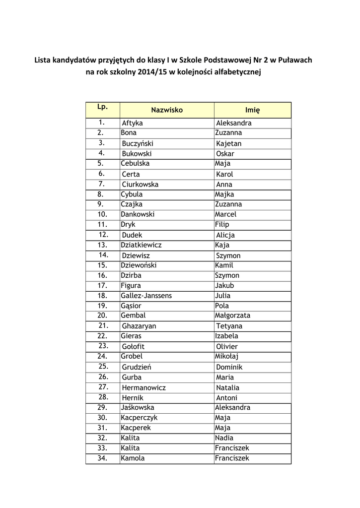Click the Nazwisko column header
167,110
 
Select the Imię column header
252,110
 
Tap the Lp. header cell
103,107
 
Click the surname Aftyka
132,123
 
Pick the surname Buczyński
138,144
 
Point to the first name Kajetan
228,144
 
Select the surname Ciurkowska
140,185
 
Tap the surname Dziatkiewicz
141,245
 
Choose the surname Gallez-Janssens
146,296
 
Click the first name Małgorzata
232,316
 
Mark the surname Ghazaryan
139,326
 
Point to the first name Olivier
227,347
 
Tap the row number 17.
102,285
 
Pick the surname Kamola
133,458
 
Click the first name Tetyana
229,326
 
